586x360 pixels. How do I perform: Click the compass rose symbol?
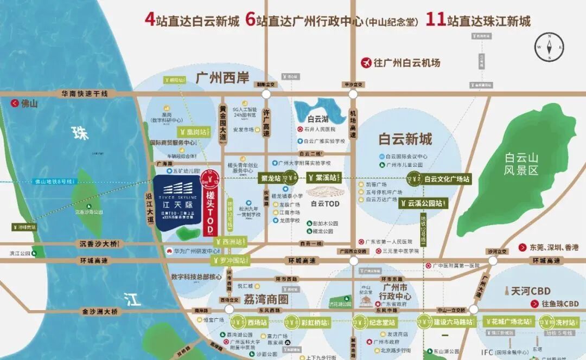point(550,47)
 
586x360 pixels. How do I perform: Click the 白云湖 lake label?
point(318,119)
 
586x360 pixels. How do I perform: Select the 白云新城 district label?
point(405,139)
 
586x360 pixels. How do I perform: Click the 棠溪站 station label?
point(326,177)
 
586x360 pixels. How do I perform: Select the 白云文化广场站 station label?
point(448,178)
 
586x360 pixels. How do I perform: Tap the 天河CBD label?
point(526,291)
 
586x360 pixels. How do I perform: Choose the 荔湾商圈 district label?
point(266,299)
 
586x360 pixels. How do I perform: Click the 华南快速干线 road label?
point(84,93)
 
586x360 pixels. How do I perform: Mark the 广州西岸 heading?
point(222,78)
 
